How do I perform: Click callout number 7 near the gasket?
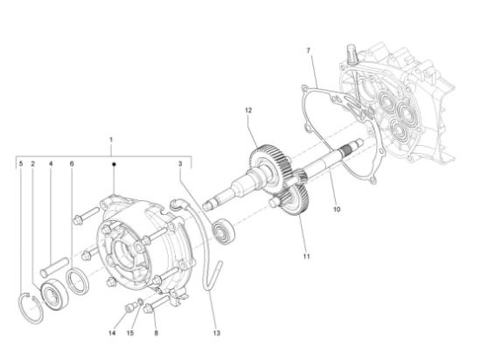pos(309,51)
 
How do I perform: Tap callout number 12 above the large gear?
pos(248,110)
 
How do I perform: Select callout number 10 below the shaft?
pos(337,209)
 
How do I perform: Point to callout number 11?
pos(306,256)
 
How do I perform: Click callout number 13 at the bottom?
pos(217,333)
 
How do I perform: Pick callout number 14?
pos(112,333)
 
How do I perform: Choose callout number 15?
pos(130,333)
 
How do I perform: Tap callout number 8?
pos(157,333)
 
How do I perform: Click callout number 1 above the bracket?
pos(111,140)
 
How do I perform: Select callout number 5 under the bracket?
pos(21,164)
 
